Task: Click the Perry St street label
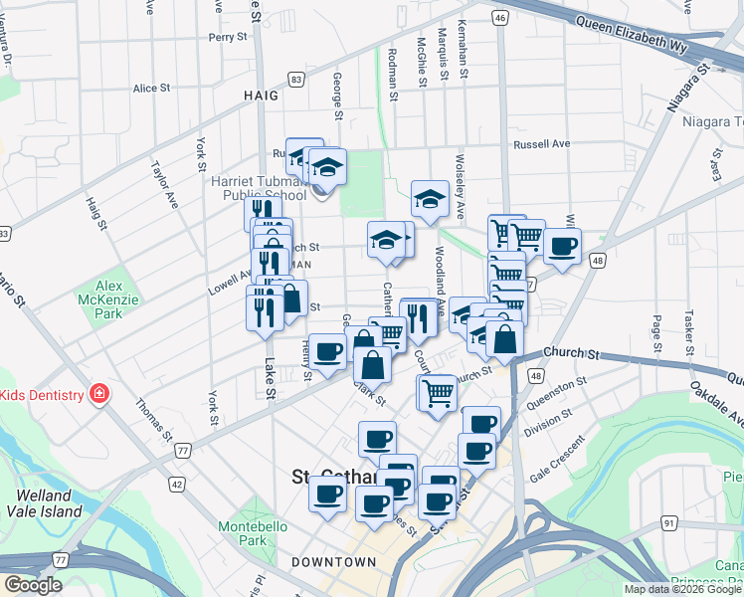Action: pos(227,38)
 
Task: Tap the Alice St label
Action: pos(151,89)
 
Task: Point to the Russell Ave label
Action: pos(541,144)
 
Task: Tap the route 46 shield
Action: pos(500,18)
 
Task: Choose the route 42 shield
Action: pos(177,484)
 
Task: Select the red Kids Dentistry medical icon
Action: pos(99,395)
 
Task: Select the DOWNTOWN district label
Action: pos(334,562)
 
